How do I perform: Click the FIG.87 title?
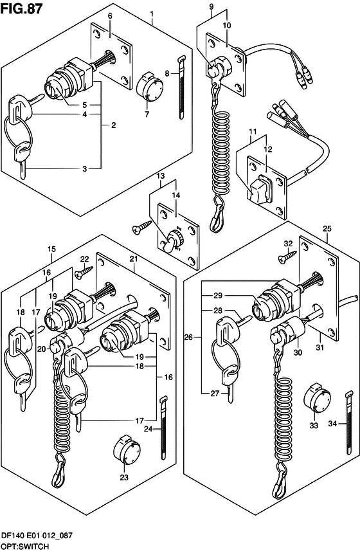[21, 8]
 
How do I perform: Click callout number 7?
[147, 114]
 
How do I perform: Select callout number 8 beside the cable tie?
[167, 73]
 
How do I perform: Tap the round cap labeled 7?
[148, 86]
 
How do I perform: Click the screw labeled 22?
[84, 272]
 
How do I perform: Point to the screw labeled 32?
[287, 256]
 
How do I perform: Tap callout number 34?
[332, 424]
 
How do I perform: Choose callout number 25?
[327, 229]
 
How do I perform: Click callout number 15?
[51, 249]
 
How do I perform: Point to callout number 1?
[152, 14]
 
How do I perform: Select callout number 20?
[42, 349]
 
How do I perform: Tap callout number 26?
[188, 338]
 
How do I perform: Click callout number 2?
[113, 125]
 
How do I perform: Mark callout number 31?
[319, 348]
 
